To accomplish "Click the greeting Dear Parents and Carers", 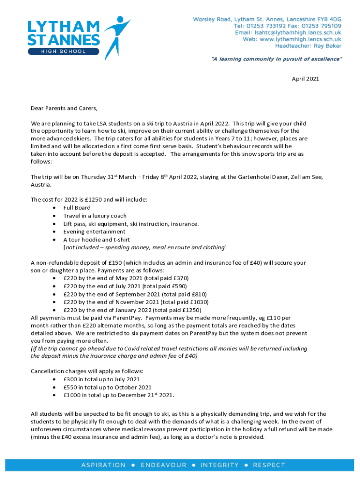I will coord(65,109).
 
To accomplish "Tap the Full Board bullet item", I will coord(77,208).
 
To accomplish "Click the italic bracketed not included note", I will coord(145,247).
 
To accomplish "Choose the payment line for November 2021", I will coord(136,302).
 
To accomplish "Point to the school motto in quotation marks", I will coord(276,59).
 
